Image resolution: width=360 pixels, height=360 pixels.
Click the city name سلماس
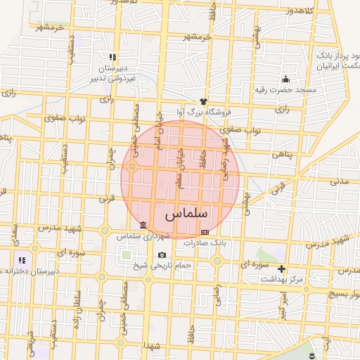186,214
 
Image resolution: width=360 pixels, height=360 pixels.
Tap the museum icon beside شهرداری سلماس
143,225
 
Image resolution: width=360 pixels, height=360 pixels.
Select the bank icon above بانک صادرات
205,232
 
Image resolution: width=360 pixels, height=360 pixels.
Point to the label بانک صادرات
204,243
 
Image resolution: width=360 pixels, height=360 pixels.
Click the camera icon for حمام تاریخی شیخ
162,255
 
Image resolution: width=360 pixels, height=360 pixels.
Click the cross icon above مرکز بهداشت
282,269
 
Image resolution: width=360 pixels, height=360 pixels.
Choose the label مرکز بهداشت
281,279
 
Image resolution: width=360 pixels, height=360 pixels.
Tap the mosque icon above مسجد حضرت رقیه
285,79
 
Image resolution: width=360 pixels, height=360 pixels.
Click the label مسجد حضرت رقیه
286,89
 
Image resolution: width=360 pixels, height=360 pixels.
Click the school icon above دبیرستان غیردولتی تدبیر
112,57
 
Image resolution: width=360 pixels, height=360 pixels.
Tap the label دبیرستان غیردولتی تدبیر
111,73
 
